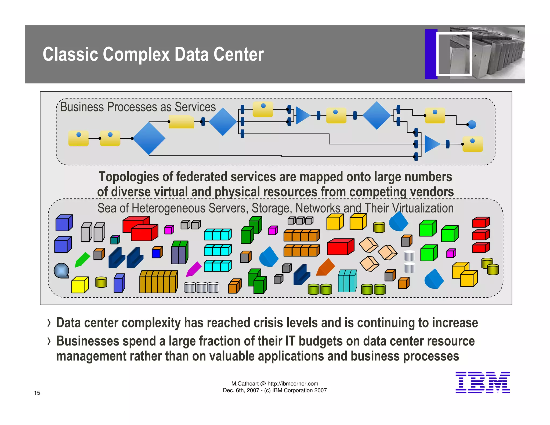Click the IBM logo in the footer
tap(482, 382)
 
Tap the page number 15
tap(37, 393)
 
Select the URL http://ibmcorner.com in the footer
tap(293, 384)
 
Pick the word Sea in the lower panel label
tap(106, 208)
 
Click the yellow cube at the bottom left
tap(79, 285)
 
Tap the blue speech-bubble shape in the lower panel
tap(61, 271)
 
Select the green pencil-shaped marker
tap(82, 260)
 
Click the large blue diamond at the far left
tap(149, 138)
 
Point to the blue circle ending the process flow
tap(472, 124)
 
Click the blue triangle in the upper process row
tap(303, 116)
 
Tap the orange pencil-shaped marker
tap(325, 267)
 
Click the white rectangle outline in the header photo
tap(454, 54)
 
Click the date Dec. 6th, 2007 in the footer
tap(241, 390)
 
